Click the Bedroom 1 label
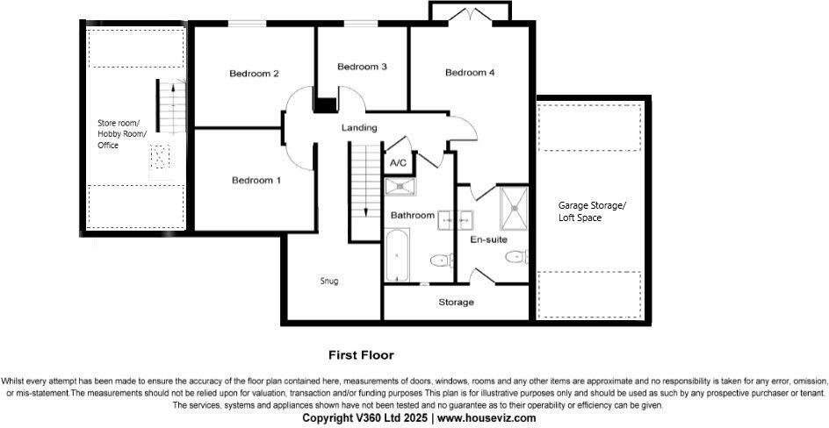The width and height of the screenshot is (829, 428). [x=256, y=181]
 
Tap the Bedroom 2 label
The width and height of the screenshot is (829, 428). [x=254, y=74]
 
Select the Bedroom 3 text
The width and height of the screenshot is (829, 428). [x=362, y=67]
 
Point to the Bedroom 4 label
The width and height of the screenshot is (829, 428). [x=470, y=73]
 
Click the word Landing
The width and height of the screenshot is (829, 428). [x=359, y=128]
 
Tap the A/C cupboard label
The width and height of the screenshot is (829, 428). [x=398, y=163]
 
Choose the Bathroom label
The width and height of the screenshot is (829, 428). [x=413, y=215]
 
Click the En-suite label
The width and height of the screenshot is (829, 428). [x=488, y=239]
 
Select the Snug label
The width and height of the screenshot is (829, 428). [x=329, y=282]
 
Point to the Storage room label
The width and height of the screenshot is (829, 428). [x=456, y=303]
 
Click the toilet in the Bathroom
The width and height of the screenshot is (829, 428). [x=440, y=260]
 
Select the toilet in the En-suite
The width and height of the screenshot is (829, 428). [x=515, y=256]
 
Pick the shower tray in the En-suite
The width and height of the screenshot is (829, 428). [x=513, y=205]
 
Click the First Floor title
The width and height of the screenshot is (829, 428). [x=361, y=355]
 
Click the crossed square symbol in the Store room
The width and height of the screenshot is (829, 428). [x=159, y=158]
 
